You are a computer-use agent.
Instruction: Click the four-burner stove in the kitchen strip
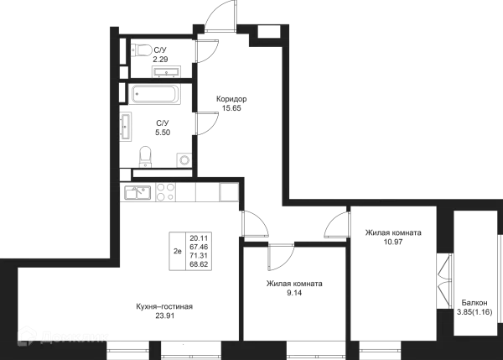pos(165,192)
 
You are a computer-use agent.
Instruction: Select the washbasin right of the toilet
pos(183,154)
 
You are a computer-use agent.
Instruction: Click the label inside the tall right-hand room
pos(391,237)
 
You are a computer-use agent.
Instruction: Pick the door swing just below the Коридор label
pos(209,123)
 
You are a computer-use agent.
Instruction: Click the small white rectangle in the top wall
pos(267,31)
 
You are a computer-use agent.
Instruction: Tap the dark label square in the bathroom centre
pos(164,127)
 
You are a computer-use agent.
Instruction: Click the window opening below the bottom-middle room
pos(315,345)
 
